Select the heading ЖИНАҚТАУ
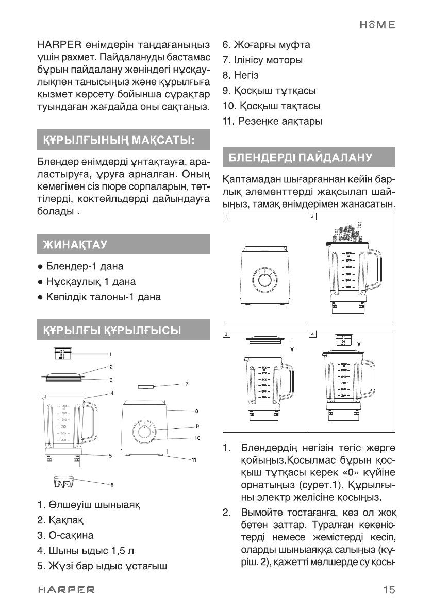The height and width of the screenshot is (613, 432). click(72, 244)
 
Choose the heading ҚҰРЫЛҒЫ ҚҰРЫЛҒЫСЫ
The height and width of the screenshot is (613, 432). click(109, 330)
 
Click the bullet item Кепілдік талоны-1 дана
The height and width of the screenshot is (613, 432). click(98, 297)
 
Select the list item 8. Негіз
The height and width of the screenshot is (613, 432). click(240, 75)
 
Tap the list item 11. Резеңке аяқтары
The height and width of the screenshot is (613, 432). click(272, 122)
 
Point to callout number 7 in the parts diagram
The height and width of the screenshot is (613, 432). click(187, 384)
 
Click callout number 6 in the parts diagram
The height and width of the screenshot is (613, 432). click(111, 485)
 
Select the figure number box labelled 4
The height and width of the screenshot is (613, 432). click(312, 334)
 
